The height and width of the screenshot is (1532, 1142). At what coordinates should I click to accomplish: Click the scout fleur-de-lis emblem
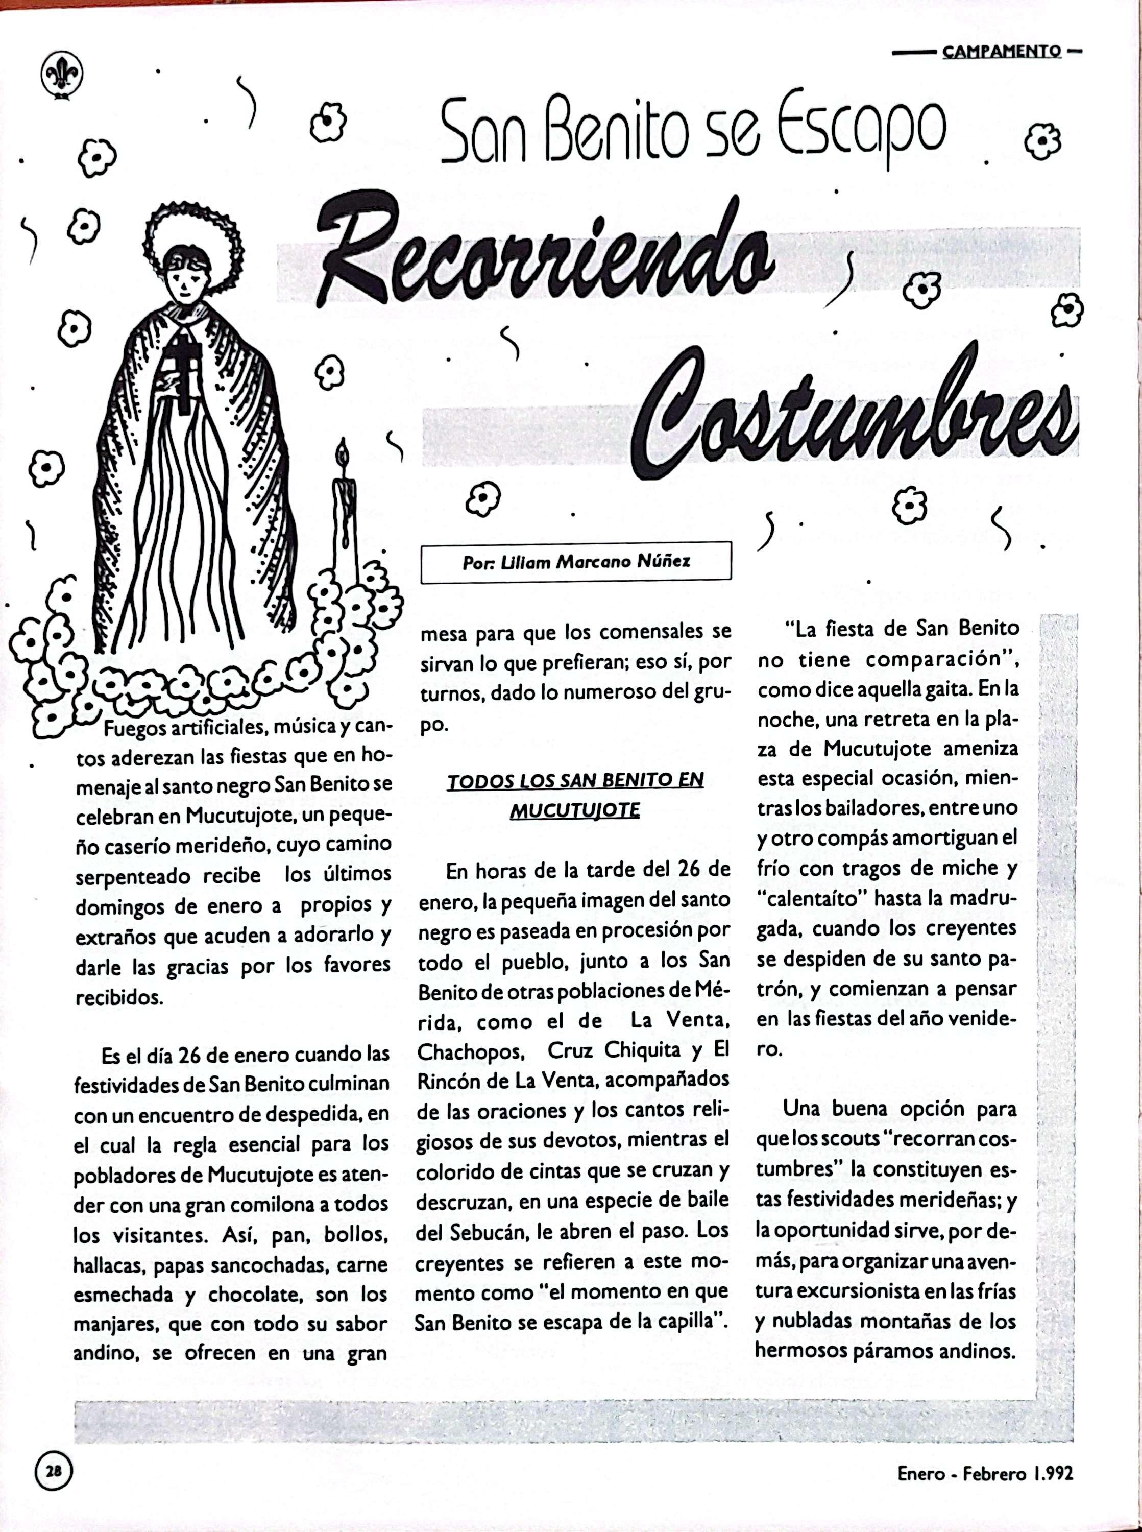click(62, 75)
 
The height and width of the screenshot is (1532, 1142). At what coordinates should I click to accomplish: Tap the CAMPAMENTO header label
click(1002, 51)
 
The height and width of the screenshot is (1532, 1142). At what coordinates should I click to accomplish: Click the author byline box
click(575, 561)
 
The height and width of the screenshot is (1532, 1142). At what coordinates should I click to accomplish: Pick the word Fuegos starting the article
click(135, 728)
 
